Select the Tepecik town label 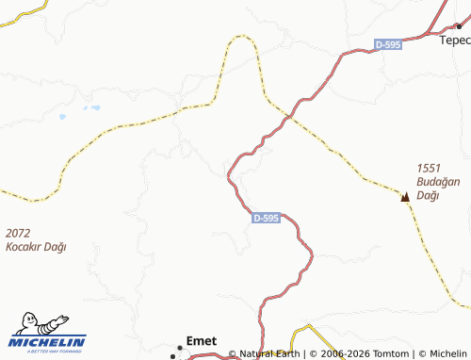click(x=455, y=41)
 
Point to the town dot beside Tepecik click(x=457, y=25)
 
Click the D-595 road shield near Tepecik click(x=388, y=44)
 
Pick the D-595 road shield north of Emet click(x=267, y=218)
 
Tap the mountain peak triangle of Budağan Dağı click(x=405, y=197)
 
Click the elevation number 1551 click(x=430, y=168)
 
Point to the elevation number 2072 click(x=19, y=232)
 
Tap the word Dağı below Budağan click(x=429, y=195)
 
